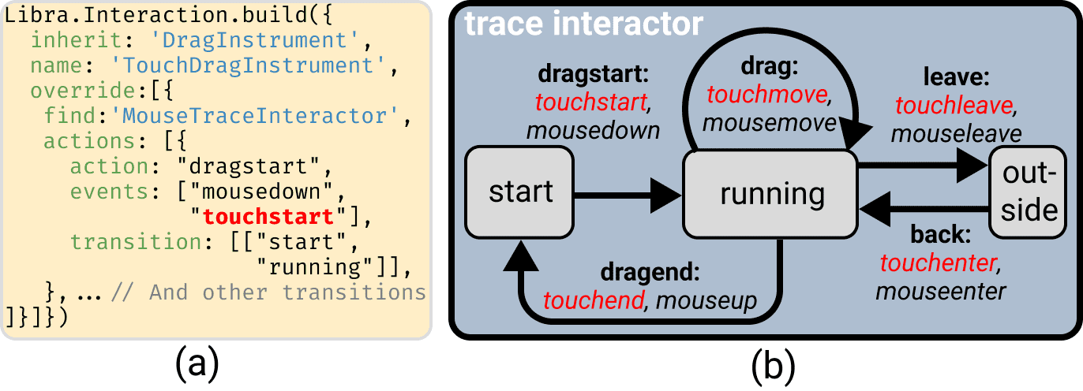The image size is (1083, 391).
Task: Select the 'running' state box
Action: click(x=772, y=193)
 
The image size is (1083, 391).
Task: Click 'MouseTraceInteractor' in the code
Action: click(x=253, y=117)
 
